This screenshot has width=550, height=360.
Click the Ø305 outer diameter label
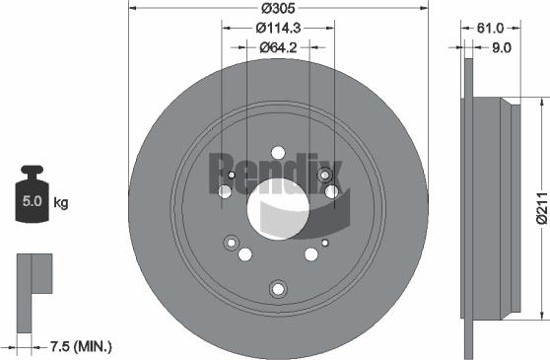pos(279,10)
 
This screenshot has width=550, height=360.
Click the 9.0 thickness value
pos(499,46)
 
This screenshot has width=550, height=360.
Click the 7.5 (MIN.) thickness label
pos(80,346)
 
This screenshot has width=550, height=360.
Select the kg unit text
pos(61,204)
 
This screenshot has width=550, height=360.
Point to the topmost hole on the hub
pos(278,153)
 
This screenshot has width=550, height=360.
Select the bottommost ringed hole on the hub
pos(277,289)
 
